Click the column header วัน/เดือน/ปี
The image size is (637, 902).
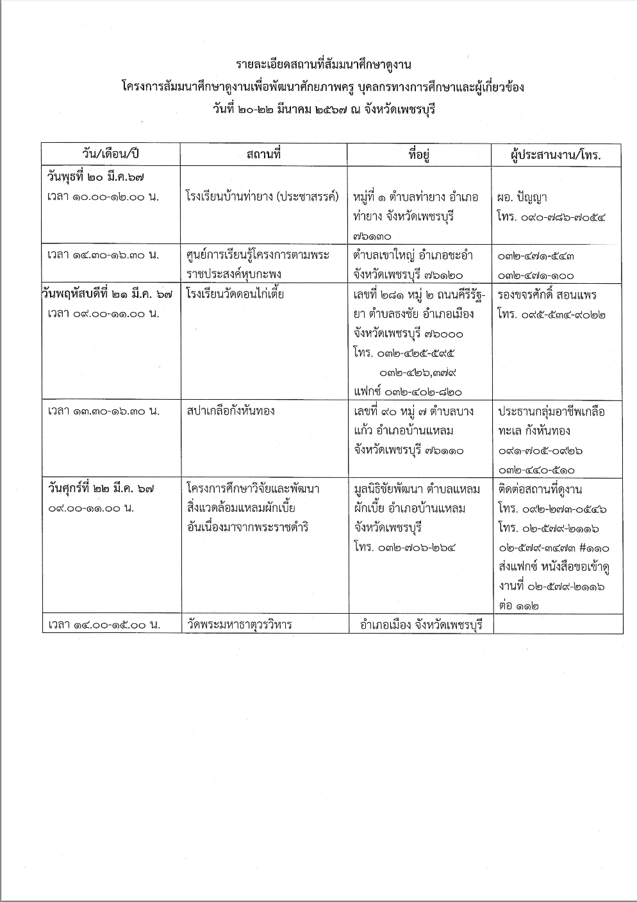click(x=111, y=154)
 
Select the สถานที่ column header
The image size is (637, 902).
click(x=263, y=154)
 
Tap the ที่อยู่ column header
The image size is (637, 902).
click(x=419, y=154)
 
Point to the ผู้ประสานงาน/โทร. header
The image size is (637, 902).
click(x=556, y=155)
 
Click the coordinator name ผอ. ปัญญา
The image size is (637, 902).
click(x=522, y=197)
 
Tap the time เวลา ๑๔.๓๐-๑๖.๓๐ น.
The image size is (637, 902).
click(x=103, y=254)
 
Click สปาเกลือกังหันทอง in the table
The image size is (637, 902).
click(x=231, y=411)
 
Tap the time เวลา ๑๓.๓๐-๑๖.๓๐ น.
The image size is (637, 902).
click(x=103, y=411)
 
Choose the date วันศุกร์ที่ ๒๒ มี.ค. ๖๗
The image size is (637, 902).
click(x=101, y=488)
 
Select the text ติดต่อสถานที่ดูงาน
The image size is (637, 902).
click(x=540, y=489)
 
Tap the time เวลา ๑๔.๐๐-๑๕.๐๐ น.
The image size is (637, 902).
click(x=103, y=624)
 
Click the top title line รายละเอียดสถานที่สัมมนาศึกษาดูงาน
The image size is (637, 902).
click(x=323, y=65)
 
